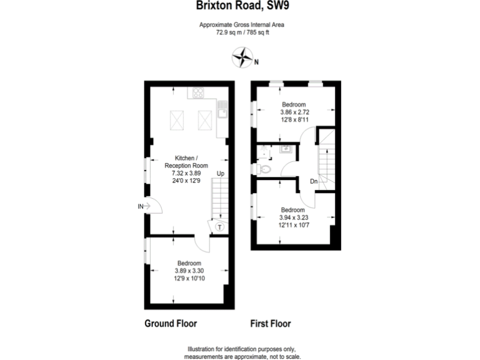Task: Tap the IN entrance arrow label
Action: tap(141, 206)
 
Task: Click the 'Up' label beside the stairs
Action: tap(221, 174)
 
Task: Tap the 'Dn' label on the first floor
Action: tap(314, 182)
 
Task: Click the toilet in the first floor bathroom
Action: tap(265, 169)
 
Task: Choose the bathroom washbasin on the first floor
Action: tap(286, 149)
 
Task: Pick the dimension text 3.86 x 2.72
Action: tap(294, 112)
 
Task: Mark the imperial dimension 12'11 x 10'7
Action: tap(292, 225)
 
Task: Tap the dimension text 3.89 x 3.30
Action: tap(189, 271)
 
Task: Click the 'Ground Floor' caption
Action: tap(171, 324)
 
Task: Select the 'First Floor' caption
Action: tap(271, 324)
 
